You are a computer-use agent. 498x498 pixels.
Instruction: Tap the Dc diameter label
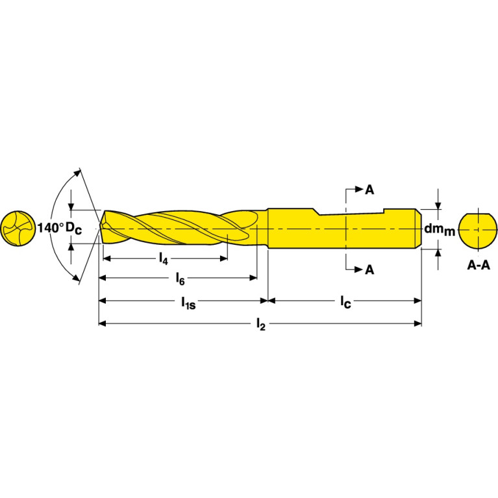73,229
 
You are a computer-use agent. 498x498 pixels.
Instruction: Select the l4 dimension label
163,258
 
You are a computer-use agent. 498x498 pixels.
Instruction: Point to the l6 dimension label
180,279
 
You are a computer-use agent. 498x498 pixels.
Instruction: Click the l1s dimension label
188,303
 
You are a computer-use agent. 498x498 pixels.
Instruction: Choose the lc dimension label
345,302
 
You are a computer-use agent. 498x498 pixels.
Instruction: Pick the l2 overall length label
261,325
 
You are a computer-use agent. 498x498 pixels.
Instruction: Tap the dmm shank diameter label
440,229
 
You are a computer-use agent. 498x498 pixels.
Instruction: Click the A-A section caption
479,265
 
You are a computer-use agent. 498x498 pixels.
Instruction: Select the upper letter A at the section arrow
369,190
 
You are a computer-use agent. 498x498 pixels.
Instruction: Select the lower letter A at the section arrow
369,269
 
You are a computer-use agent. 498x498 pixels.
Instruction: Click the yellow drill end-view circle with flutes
18,229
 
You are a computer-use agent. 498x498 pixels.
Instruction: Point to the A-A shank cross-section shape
478,231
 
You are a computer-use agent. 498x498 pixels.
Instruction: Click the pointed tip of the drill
100,228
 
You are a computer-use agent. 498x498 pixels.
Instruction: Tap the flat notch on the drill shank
351,212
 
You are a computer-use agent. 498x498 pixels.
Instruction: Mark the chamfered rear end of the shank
419,229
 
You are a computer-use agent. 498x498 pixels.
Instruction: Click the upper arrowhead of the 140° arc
77,173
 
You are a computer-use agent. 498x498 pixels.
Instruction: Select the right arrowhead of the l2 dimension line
417,323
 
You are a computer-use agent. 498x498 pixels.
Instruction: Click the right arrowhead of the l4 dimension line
224,258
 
